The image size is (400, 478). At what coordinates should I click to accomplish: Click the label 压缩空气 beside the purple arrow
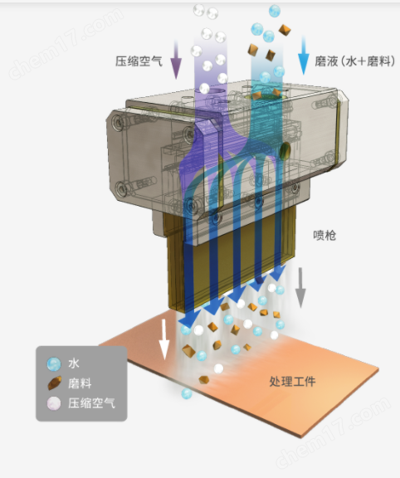pyautogui.click(x=139, y=61)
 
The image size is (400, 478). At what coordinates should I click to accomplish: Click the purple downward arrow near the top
pyautogui.click(x=176, y=60)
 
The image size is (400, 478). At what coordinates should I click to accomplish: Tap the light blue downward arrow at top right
pyautogui.click(x=304, y=55)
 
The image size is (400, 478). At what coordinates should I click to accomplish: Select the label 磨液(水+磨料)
pyautogui.click(x=355, y=61)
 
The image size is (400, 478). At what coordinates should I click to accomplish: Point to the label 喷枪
pyautogui.click(x=324, y=236)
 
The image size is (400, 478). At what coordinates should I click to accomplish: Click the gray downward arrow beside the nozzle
pyautogui.click(x=300, y=287)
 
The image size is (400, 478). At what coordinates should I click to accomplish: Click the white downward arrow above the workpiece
pyautogui.click(x=164, y=339)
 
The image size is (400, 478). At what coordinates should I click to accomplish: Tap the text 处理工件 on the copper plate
pyautogui.click(x=292, y=382)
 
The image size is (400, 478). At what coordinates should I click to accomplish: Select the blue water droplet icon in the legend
pyautogui.click(x=54, y=363)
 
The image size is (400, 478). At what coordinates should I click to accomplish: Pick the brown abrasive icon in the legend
pyautogui.click(x=55, y=383)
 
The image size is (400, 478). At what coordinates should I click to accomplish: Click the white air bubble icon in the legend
pyautogui.click(x=54, y=403)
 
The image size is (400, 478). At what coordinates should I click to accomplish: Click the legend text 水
pyautogui.click(x=74, y=363)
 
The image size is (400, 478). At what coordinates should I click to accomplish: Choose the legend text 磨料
pyautogui.click(x=80, y=383)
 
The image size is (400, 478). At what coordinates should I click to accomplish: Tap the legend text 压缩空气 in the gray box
pyautogui.click(x=91, y=403)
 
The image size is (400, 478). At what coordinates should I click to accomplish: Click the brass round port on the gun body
pyautogui.click(x=285, y=150)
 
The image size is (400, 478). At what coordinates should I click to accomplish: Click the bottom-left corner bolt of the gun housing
pyautogui.click(x=122, y=189)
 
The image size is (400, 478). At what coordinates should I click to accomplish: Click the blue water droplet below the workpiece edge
pyautogui.click(x=187, y=393)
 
